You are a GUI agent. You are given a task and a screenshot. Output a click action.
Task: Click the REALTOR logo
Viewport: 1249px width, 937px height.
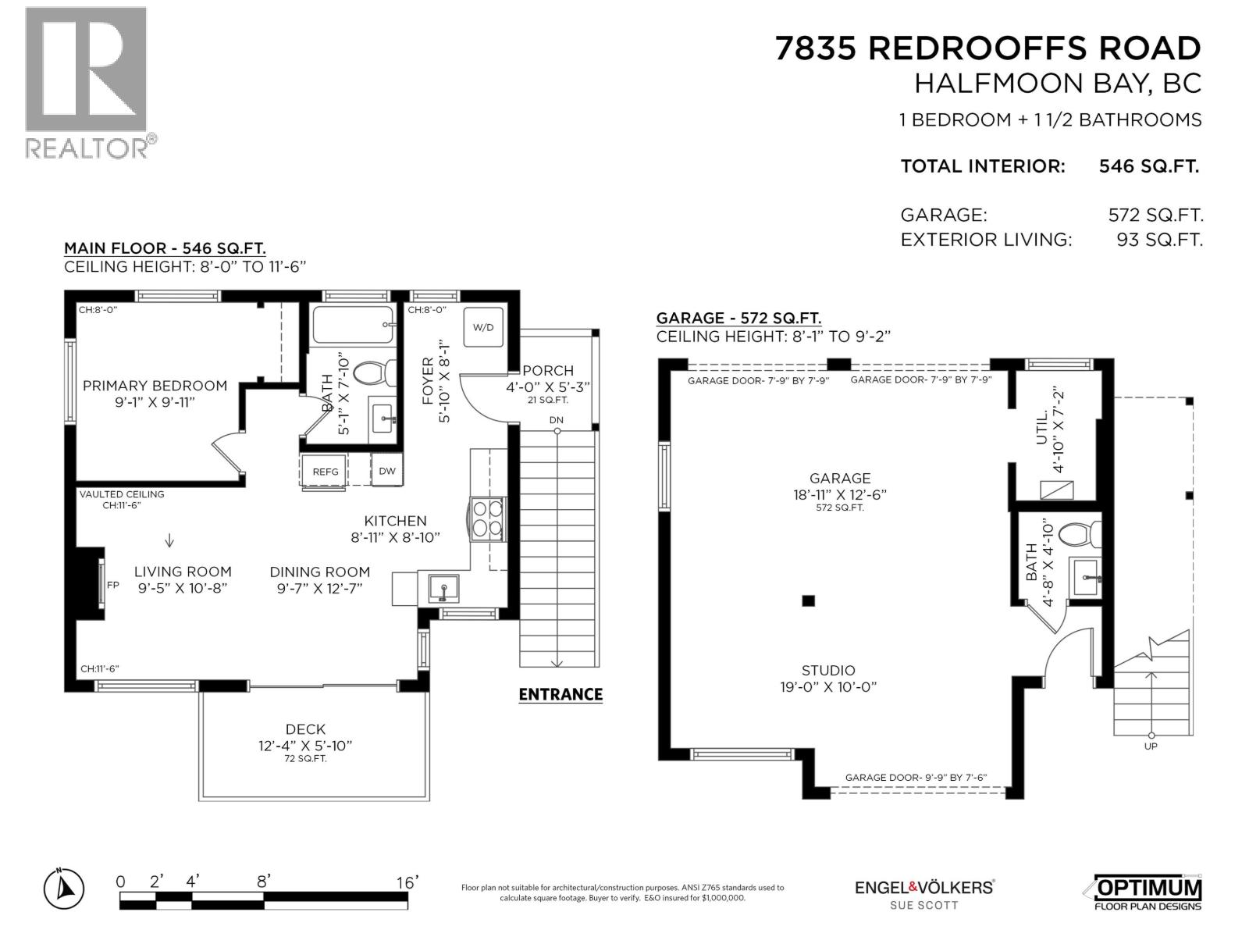point(86,82)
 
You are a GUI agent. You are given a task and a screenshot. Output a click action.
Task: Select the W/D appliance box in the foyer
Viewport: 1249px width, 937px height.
point(483,327)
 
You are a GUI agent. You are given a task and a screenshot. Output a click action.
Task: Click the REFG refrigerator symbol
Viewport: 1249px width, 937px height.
point(325,472)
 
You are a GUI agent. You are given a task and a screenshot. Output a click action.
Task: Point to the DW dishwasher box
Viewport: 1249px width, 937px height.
point(387,471)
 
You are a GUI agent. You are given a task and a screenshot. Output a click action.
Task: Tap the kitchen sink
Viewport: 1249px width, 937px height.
point(443,588)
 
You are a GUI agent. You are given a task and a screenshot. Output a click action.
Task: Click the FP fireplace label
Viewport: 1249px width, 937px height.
point(112,584)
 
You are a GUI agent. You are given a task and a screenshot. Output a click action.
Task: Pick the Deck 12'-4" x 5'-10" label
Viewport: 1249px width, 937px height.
point(305,737)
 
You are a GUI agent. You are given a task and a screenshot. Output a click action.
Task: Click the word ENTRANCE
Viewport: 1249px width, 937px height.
point(560,694)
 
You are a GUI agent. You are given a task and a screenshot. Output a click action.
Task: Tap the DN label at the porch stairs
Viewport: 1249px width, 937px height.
point(556,420)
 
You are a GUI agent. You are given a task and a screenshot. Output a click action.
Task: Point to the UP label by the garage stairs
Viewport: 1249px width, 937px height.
point(1151,746)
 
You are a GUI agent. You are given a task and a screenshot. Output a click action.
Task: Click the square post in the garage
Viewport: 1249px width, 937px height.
point(808,600)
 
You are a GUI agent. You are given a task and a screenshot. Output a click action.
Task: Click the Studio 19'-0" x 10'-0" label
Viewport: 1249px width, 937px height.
point(828,678)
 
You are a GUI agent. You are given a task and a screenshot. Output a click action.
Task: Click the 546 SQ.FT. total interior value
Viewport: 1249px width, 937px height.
point(1148,166)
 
